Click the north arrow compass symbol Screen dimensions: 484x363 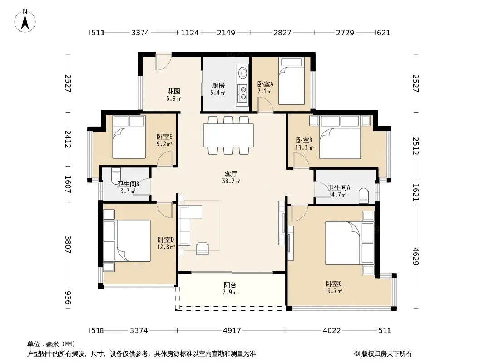coord(25,21)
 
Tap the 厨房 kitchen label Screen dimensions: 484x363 coord(218,85)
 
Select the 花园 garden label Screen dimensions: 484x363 coord(173,91)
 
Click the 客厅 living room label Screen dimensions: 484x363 coord(231,174)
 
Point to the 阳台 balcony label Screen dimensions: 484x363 coord(230,285)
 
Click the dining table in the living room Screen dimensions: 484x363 coord(228,135)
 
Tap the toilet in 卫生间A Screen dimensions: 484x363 coord(364,196)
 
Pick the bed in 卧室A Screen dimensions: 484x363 coord(291,81)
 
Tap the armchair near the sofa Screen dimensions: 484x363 coord(202,248)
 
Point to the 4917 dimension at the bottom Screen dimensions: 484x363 coord(232,330)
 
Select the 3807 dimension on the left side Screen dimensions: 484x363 coord(68,245)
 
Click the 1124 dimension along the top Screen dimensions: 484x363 coord(189,32)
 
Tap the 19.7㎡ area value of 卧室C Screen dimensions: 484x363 coord(333,291)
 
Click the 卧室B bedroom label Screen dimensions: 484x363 coord(304,140)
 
